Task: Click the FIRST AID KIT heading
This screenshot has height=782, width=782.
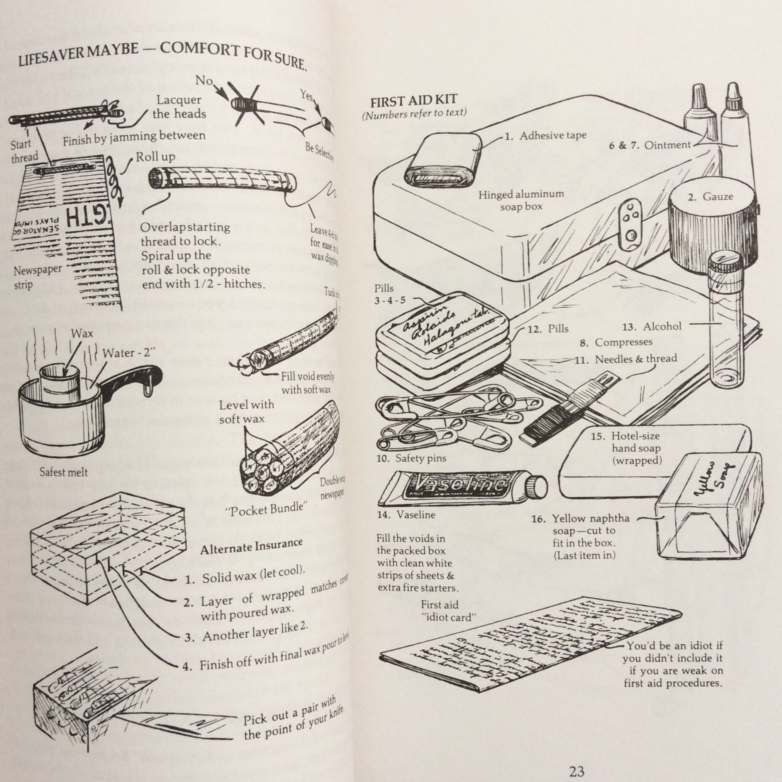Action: coord(414,101)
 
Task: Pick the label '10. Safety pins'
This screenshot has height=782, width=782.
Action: coord(411,458)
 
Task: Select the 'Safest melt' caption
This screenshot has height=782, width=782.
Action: coord(64,472)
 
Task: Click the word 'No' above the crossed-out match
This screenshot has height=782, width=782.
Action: coord(204,80)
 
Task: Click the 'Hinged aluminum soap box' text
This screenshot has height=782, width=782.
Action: coord(521,200)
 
